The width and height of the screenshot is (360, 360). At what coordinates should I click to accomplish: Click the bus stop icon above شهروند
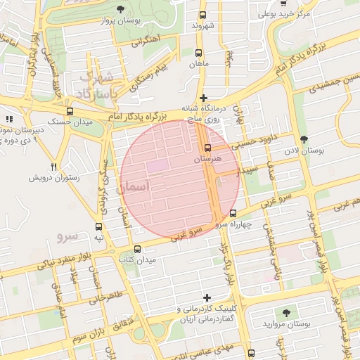[x=203, y=15]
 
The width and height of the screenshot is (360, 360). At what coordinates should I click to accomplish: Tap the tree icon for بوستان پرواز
[x=120, y=9]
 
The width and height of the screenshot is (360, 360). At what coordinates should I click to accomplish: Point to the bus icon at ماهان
[x=198, y=53]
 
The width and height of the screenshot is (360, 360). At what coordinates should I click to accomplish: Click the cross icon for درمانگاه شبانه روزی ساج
[x=203, y=98]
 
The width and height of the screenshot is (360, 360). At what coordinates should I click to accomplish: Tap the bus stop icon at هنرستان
[x=207, y=148]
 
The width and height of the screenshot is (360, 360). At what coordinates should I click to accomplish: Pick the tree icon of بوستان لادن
[x=303, y=140]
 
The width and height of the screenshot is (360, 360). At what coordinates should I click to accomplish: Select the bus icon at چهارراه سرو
[x=233, y=213]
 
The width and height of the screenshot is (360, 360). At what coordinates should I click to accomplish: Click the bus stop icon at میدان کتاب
[x=137, y=249]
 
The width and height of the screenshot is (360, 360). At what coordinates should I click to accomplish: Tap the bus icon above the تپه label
[x=98, y=227]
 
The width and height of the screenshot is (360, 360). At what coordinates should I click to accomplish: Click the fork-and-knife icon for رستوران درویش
[x=54, y=167]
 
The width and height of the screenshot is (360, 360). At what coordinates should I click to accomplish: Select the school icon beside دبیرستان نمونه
[x=9, y=120]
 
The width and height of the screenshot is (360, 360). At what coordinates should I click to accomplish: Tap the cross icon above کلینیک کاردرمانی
[x=206, y=297]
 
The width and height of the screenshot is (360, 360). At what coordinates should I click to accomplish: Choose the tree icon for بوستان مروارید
[x=285, y=311]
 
